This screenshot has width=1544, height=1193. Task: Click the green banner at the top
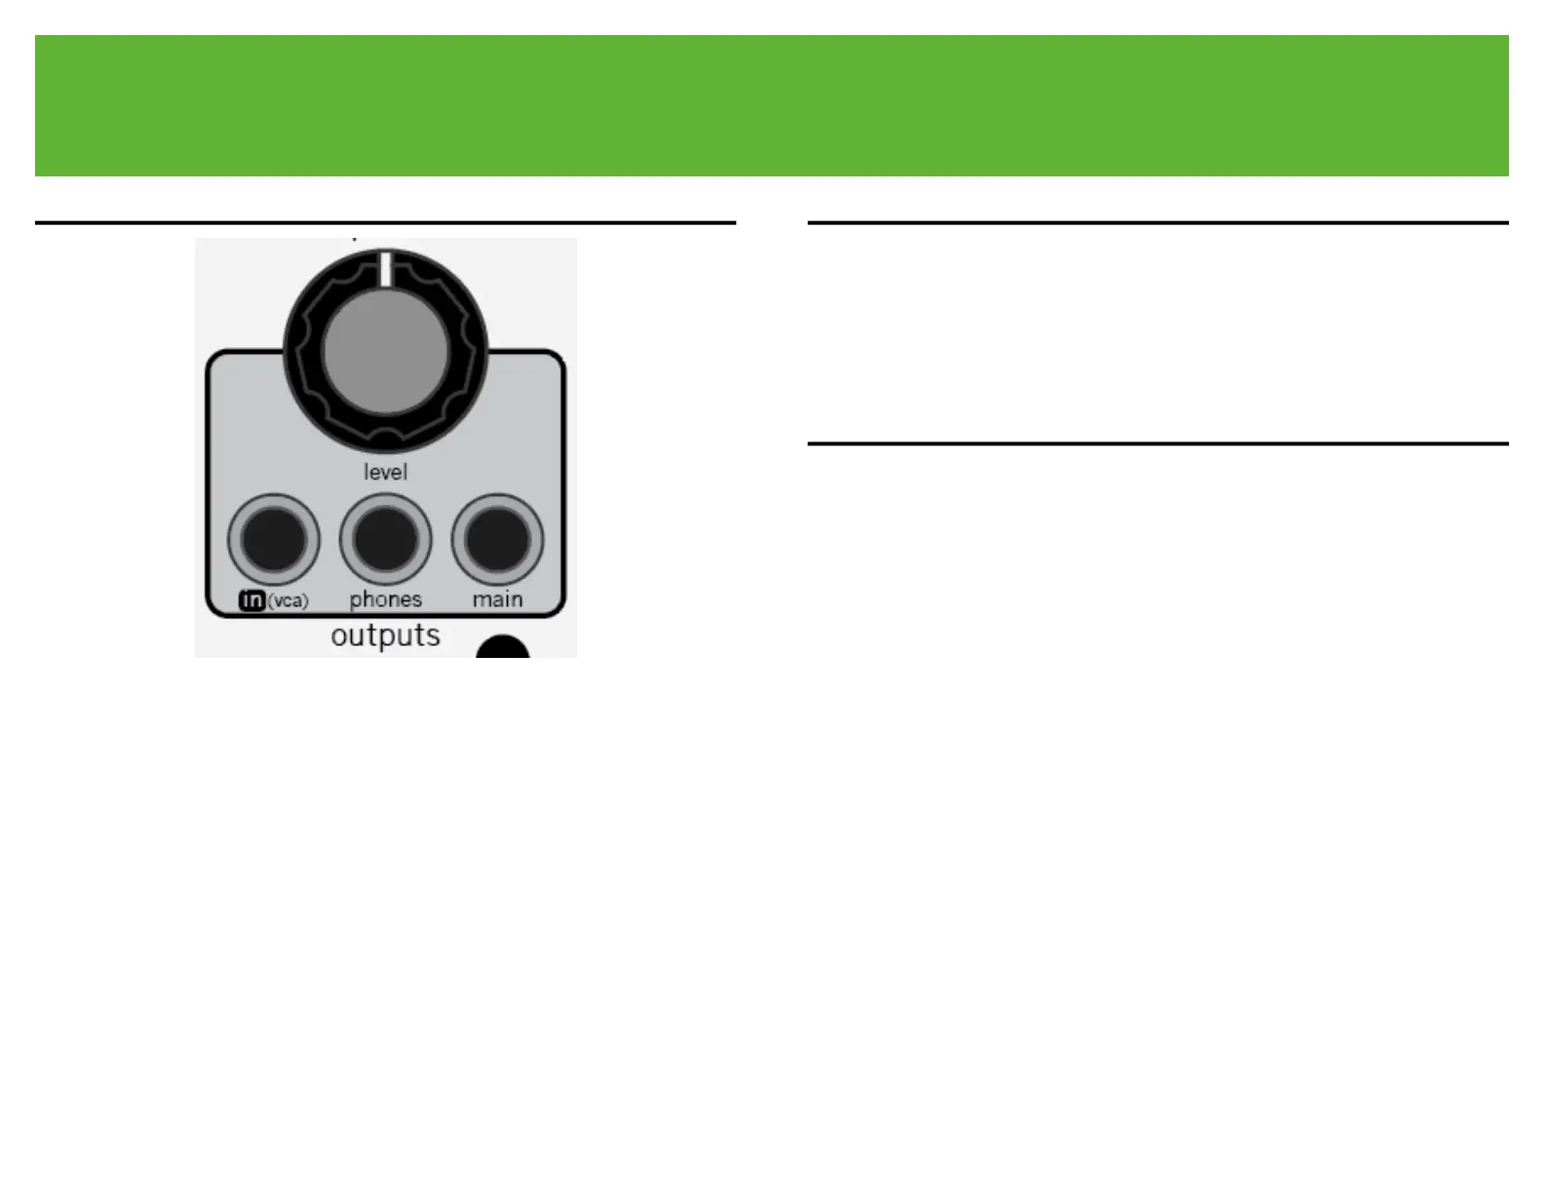point(771,105)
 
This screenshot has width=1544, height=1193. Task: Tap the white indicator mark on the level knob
point(386,269)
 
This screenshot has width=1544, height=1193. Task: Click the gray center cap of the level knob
point(385,352)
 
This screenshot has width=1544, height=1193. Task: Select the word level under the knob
point(385,473)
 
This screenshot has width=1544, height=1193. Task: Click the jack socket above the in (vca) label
point(274,540)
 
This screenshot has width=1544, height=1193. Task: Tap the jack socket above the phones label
point(386,540)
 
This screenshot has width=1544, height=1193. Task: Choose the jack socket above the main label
point(497,540)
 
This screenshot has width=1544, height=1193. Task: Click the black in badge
point(251,600)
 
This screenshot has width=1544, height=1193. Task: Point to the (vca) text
point(289,601)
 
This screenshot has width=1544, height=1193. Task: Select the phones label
point(386,600)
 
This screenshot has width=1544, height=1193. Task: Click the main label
point(498,599)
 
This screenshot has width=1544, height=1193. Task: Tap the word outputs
point(385,635)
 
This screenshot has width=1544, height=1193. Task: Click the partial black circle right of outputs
point(503,647)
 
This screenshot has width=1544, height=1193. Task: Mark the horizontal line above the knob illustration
point(385,223)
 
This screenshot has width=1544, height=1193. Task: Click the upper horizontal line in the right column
point(1158,223)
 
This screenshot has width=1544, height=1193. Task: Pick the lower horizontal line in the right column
point(1158,443)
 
